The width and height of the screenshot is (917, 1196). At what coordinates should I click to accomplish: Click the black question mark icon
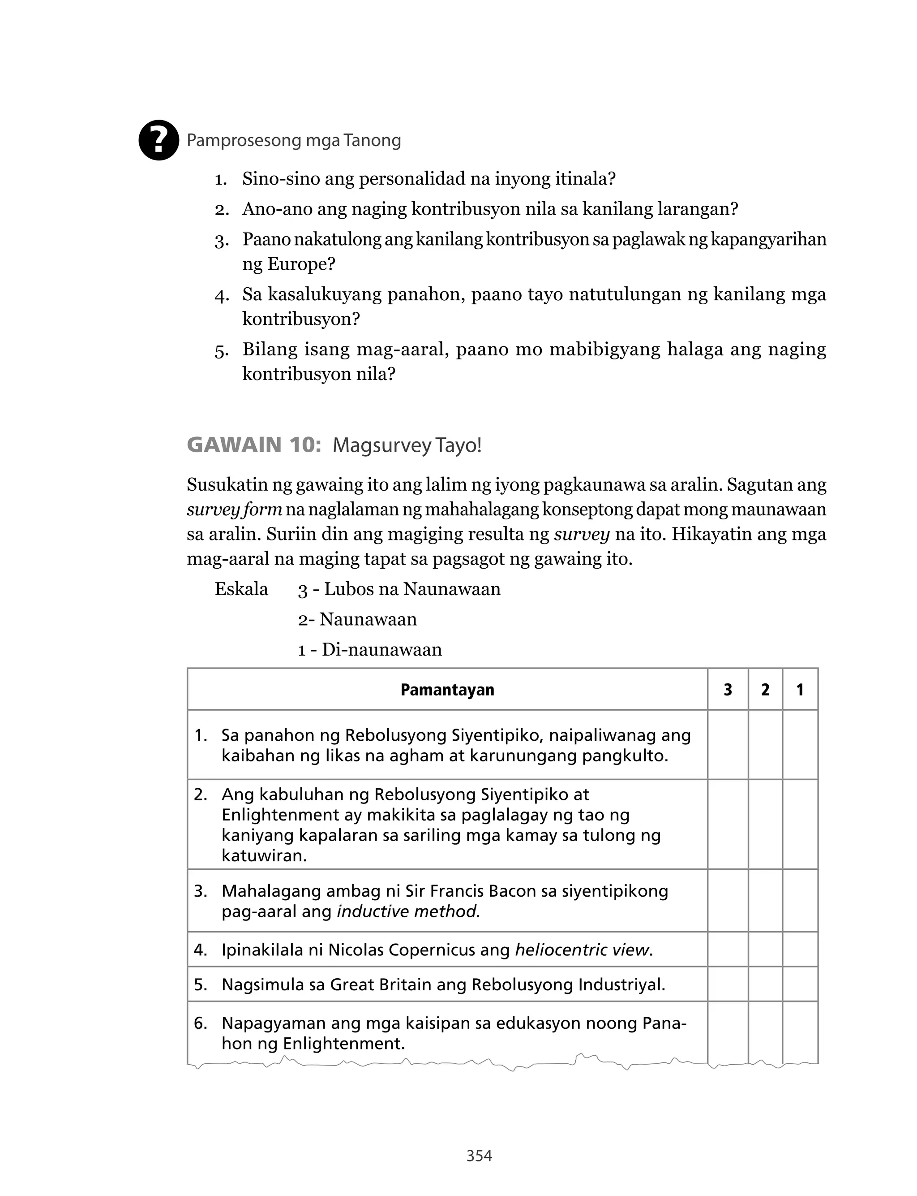pos(159,140)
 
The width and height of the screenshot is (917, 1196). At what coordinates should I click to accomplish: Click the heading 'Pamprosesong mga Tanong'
pos(294,141)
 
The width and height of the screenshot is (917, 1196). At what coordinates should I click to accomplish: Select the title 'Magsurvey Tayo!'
pos(407,445)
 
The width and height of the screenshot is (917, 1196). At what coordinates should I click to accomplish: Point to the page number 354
pos(479,1156)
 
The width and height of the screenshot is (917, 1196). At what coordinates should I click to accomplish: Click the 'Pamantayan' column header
pos(447,690)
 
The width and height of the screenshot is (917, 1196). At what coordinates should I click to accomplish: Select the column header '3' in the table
pos(728,690)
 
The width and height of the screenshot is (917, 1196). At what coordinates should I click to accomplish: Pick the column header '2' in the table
pos(765,690)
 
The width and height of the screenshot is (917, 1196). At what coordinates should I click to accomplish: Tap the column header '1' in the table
pos(800,690)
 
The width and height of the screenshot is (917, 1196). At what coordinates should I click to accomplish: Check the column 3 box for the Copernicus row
pos(728,950)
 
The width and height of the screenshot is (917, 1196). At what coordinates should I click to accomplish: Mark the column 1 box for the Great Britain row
pos(800,984)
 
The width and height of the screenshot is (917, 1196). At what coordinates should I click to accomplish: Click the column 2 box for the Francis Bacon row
pos(765,901)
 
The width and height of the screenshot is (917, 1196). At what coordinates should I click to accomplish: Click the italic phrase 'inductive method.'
pos(408,911)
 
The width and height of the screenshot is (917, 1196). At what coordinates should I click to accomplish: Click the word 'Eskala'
pos(241,589)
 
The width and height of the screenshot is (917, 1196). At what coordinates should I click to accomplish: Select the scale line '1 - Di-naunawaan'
pos(369,650)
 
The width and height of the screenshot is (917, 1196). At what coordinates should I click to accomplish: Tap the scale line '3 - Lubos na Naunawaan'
pos(399,589)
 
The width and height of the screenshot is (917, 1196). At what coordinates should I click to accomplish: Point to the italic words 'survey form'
pos(234,509)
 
